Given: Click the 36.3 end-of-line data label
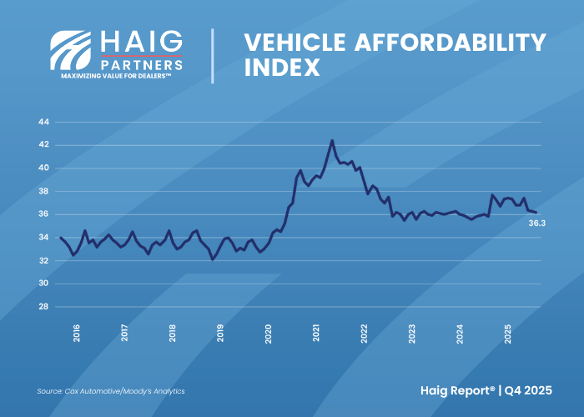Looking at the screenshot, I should [x=536, y=224].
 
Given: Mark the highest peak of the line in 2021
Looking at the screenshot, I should [x=332, y=140].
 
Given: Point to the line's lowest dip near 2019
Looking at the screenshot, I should [x=213, y=259].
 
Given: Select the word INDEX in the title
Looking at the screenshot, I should [x=282, y=68].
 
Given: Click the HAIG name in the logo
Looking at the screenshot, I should [x=140, y=41].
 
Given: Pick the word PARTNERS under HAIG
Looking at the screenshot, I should [x=141, y=63].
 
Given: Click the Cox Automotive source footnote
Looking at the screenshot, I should [x=111, y=390].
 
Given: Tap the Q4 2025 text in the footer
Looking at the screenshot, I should [x=534, y=389].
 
